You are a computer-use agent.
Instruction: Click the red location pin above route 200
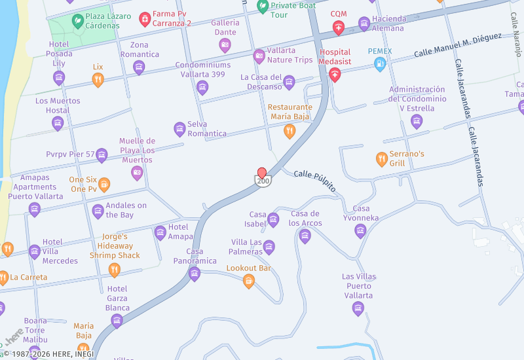coord(262,172)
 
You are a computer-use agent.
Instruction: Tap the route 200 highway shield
coord(263,181)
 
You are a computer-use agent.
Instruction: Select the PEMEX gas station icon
coord(379,63)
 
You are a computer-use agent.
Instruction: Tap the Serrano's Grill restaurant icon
coord(381,159)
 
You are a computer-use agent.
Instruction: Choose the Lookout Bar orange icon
coord(248,281)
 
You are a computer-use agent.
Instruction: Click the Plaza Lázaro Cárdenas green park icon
coord(77,21)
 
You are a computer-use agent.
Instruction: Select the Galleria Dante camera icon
coord(225,45)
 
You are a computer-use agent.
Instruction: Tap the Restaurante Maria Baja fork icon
coord(289,132)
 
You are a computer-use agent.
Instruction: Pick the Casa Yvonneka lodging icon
coord(360,230)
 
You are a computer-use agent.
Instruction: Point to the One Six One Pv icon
coord(104,185)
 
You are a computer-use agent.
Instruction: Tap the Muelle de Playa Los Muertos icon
coord(137,173)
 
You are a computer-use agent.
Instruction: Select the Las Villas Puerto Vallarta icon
coord(358,308)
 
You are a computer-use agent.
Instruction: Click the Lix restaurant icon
coord(98,80)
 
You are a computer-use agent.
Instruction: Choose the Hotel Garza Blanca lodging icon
coord(117,320)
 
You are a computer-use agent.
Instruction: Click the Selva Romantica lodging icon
coord(179,129)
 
